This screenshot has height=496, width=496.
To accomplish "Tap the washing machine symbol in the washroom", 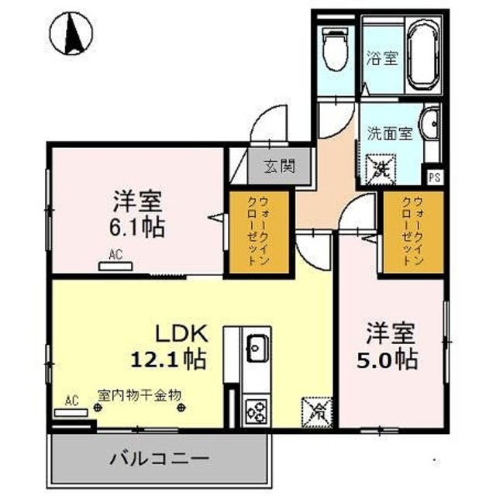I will point(381,167).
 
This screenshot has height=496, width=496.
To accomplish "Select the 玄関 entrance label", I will point(275,165).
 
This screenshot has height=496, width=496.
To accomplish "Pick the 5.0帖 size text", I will point(391,360).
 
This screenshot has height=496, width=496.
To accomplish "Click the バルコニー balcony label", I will point(158,458).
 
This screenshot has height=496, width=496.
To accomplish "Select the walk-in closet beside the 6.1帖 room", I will point(257,232).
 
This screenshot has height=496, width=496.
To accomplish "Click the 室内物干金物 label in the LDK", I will point(139,394).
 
